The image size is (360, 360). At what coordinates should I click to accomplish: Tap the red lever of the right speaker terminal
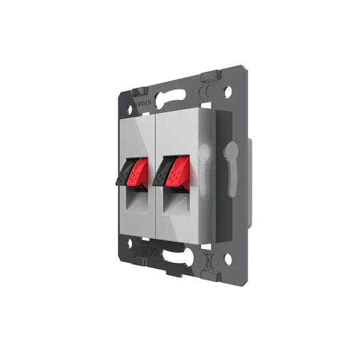tap(178, 172)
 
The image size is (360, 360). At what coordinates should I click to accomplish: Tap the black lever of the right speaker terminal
tap(162, 172)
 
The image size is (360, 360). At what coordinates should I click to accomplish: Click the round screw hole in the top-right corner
tap(227, 92)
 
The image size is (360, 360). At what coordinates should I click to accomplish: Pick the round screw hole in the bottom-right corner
tap(227, 259)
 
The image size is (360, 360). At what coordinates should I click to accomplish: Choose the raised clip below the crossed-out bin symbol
tap(211, 276)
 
